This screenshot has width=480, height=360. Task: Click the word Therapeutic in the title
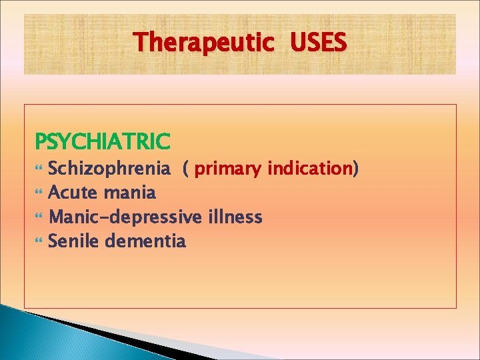204,43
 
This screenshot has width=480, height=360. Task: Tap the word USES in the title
318,43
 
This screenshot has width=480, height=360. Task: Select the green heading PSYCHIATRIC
103,141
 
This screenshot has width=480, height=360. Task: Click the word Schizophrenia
109,169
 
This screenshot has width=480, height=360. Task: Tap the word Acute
74,193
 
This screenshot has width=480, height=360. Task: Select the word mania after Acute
130,193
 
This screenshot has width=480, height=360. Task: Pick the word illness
235,217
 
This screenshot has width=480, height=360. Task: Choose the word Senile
74,241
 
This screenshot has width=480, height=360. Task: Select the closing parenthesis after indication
355,170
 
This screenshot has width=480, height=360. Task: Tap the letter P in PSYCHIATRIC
40,141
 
